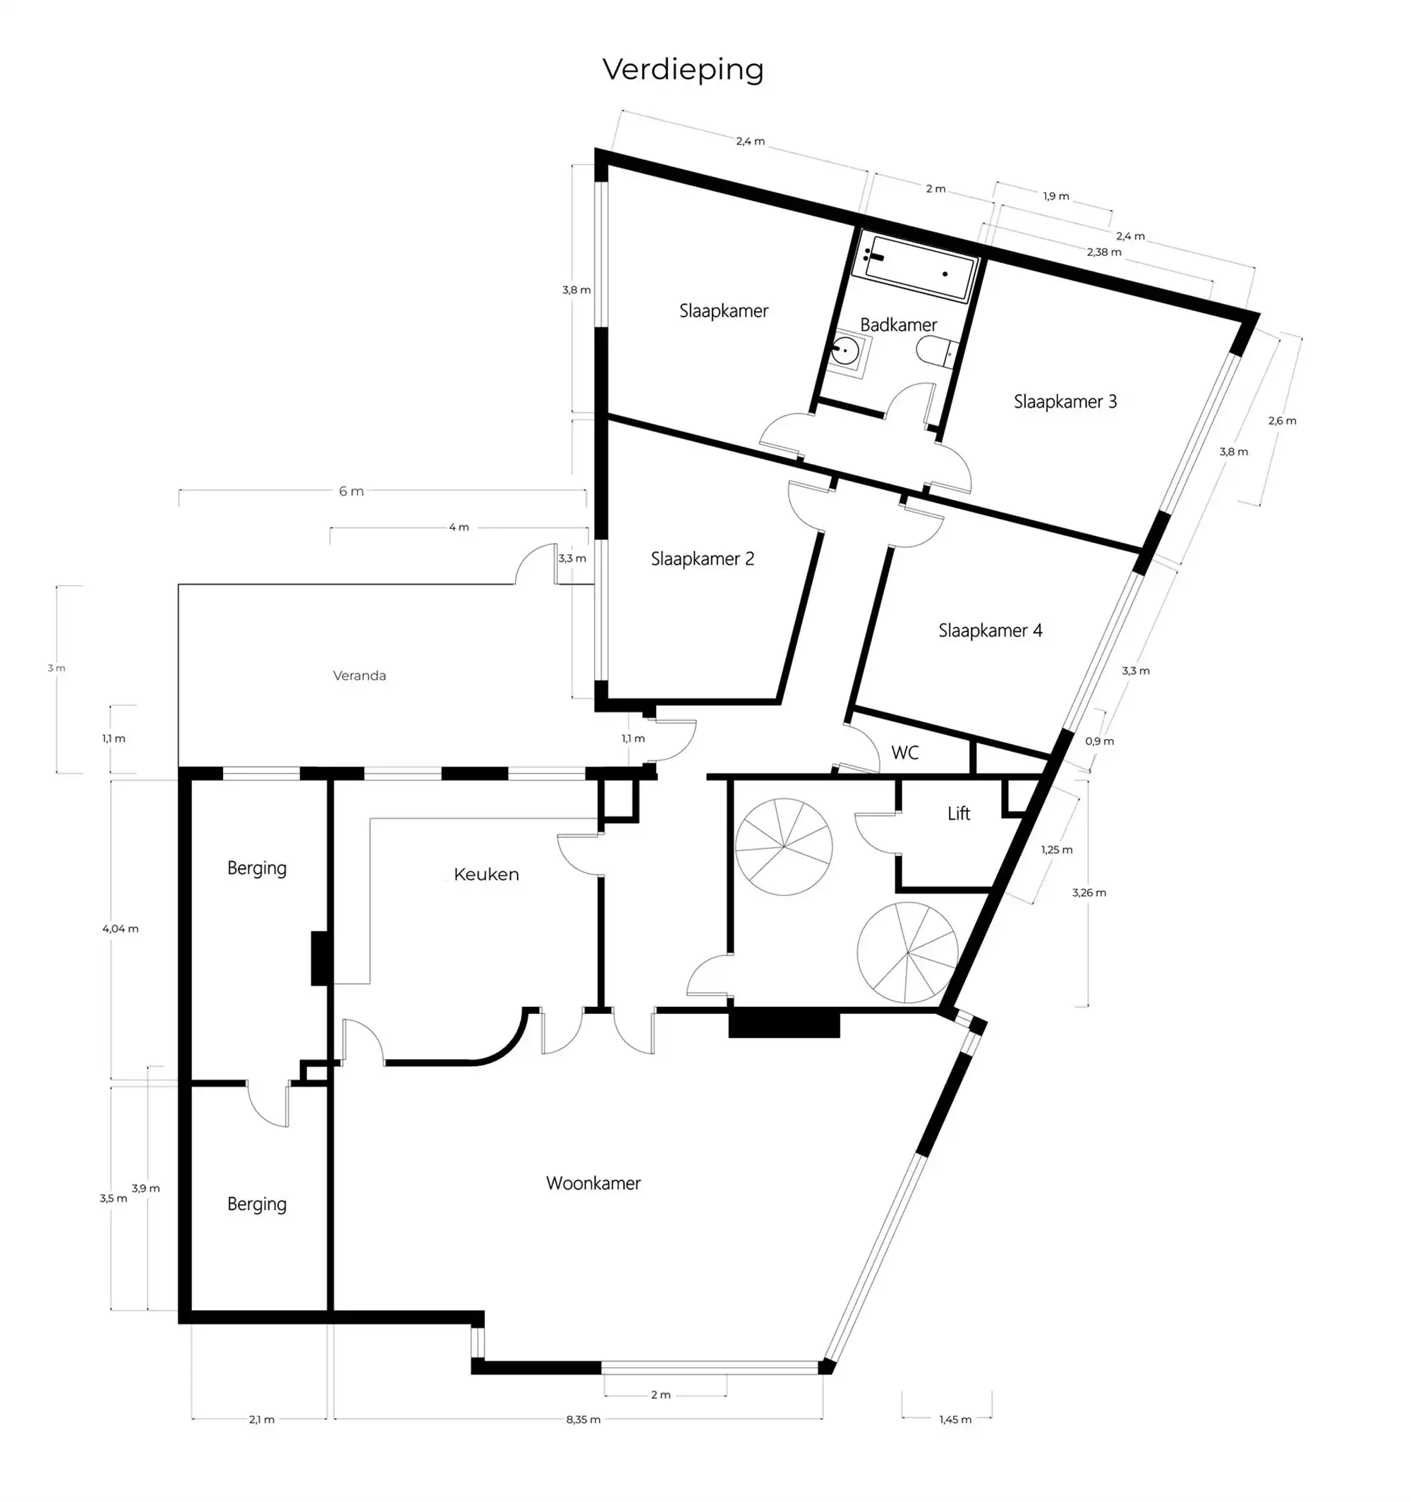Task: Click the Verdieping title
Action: tap(682, 70)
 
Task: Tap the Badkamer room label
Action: tap(898, 325)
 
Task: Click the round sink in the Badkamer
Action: tap(844, 352)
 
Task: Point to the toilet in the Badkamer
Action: tap(935, 352)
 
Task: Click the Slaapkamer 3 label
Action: tap(1064, 402)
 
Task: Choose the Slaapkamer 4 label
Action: tap(989, 630)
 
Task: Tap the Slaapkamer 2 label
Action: tap(702, 559)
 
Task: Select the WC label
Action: tap(904, 752)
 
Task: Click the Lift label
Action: tap(958, 814)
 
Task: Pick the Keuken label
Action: tap(486, 875)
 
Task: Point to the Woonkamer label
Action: tap(593, 1183)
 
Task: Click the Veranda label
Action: tap(359, 676)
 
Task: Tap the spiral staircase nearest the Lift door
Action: tap(784, 847)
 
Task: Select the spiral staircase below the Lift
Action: tap(907, 952)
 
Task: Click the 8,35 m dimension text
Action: tap(583, 1419)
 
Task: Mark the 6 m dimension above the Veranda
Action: tap(351, 491)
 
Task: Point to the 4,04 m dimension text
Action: tap(120, 929)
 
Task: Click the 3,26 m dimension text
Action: tap(1089, 892)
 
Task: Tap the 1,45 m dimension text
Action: tap(955, 1419)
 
